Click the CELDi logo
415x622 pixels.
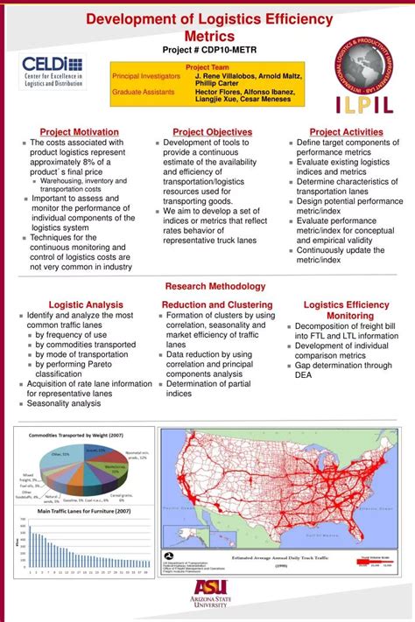53,71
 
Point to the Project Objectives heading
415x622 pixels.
207,132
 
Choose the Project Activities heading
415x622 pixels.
347,132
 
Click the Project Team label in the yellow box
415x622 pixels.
207,66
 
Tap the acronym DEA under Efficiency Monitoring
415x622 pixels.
304,374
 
